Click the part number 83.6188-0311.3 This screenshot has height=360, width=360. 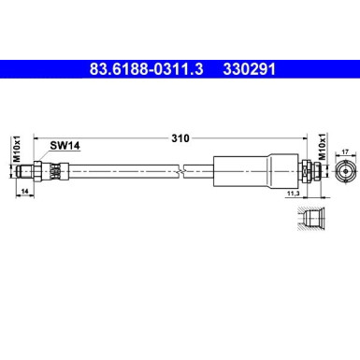coord(145,68)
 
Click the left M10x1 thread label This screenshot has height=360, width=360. coord(17,150)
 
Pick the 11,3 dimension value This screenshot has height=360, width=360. coord(294,194)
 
